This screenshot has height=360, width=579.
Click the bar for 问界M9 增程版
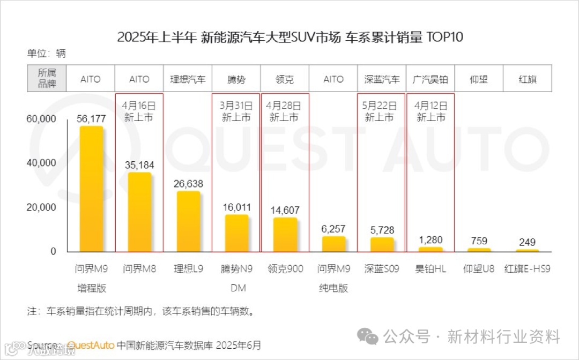tap(91, 189)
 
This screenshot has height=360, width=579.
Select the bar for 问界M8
tap(139, 212)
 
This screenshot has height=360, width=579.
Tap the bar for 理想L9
tap(188, 221)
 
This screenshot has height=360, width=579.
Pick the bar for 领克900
tap(285, 235)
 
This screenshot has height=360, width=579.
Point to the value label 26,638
tap(188, 183)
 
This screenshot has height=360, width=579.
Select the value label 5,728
tap(382, 229)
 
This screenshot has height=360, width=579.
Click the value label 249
tap(528, 242)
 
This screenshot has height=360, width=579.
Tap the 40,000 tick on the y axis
tap(41, 163)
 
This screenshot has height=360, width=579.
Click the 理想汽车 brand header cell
tap(188, 79)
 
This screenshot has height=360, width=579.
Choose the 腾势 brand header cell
tap(236, 79)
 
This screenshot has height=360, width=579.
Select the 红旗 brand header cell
tap(528, 79)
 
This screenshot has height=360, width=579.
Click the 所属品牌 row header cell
tap(47, 79)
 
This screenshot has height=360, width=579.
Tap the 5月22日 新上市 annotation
tap(382, 111)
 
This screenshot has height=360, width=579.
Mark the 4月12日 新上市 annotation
tap(430, 111)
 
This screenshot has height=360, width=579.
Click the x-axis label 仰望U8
tap(479, 269)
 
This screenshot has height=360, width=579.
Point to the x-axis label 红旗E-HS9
tap(528, 269)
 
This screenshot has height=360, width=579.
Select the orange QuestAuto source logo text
tap(91, 345)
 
